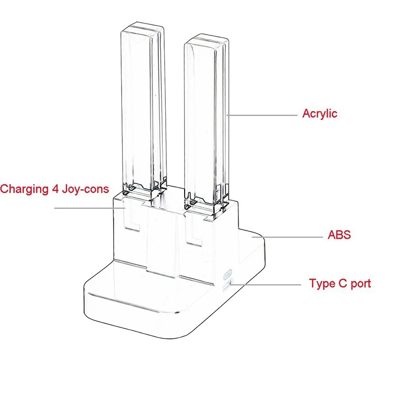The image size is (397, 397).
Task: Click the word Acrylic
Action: click(320, 114)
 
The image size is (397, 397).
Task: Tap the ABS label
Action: click(338, 234)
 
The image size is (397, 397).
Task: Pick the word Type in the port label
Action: click(322, 284)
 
